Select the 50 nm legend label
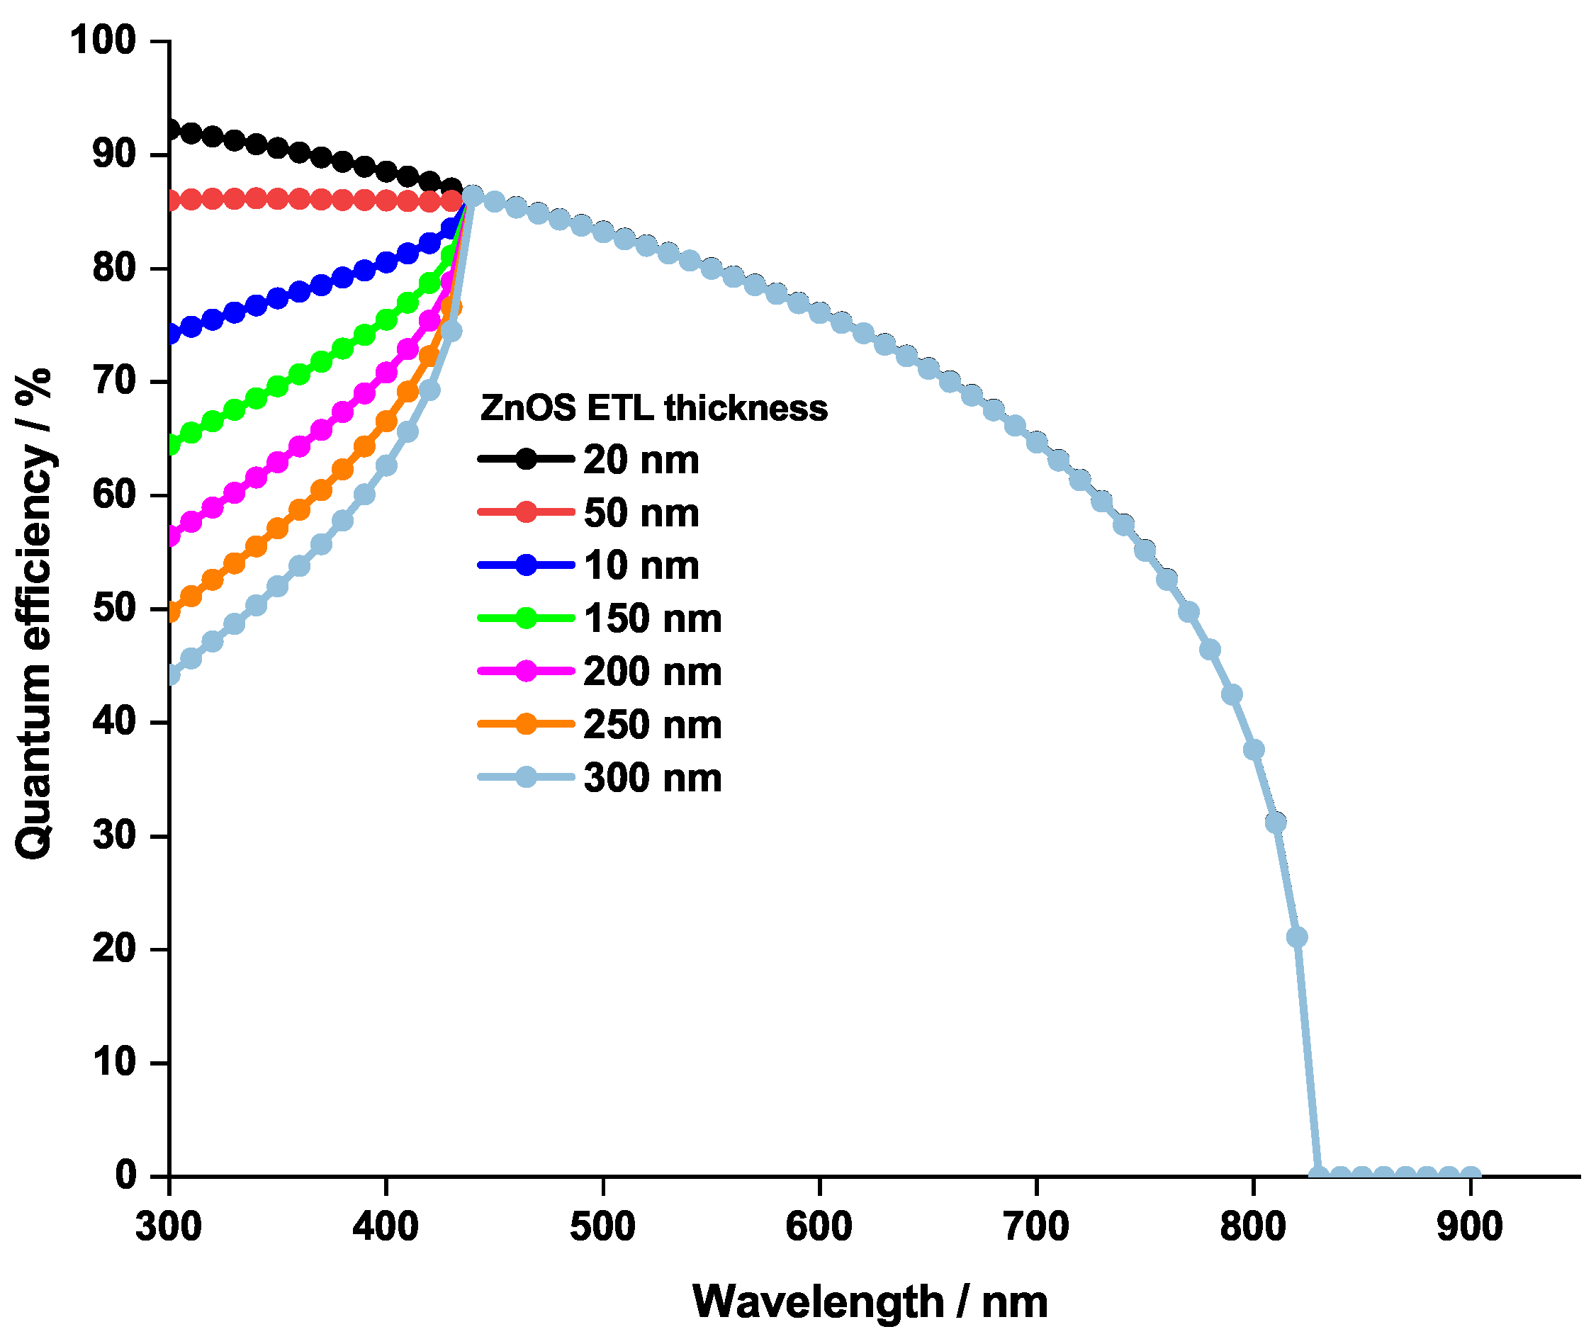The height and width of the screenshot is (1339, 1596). [x=641, y=514]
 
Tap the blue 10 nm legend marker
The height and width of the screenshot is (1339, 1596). [x=526, y=566]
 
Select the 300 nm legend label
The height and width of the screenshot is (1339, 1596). [x=652, y=779]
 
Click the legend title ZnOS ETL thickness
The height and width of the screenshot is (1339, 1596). [x=653, y=409]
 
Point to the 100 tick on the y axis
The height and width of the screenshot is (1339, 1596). [x=103, y=40]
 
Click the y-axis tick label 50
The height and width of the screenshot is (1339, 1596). [x=114, y=609]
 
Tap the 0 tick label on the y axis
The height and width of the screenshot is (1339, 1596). [x=125, y=1175]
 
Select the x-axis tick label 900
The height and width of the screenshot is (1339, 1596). [x=1469, y=1228]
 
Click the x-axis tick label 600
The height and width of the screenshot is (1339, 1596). [x=819, y=1228]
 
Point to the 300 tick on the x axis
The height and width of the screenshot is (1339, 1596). [x=169, y=1228]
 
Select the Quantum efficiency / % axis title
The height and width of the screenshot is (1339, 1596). [x=34, y=614]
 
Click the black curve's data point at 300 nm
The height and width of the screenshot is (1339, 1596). [x=171, y=130]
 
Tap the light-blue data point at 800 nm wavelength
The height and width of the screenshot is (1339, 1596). [x=1253, y=751]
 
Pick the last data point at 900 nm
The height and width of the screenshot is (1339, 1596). [x=1470, y=1175]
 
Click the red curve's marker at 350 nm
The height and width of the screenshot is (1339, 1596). [x=278, y=199]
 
